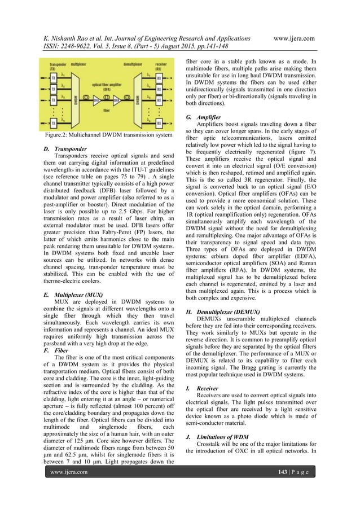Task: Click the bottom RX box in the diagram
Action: click(159, 122)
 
